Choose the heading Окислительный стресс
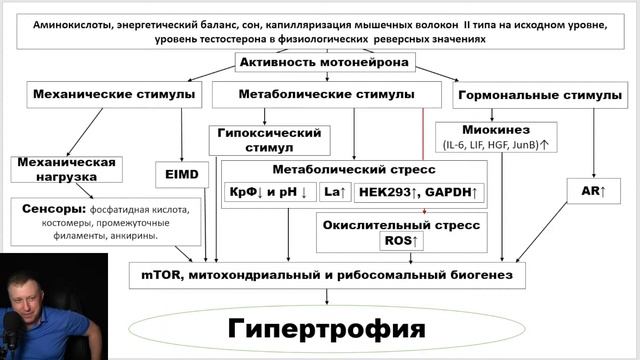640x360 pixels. point(400,224)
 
